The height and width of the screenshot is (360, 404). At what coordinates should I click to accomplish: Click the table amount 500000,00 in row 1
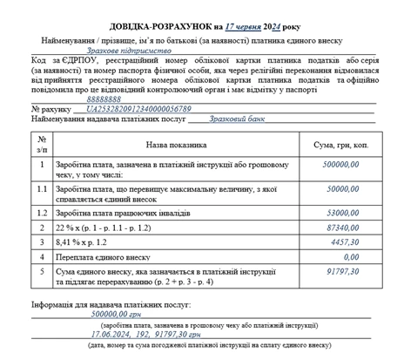tap(340, 165)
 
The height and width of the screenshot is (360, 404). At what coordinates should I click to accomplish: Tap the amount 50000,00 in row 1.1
tap(343, 188)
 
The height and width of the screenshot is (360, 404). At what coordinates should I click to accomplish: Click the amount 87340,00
tap(343, 228)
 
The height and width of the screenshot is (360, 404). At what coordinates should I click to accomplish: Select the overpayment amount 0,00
tap(351, 257)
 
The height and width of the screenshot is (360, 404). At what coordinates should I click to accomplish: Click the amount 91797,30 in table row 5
tap(343, 272)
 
